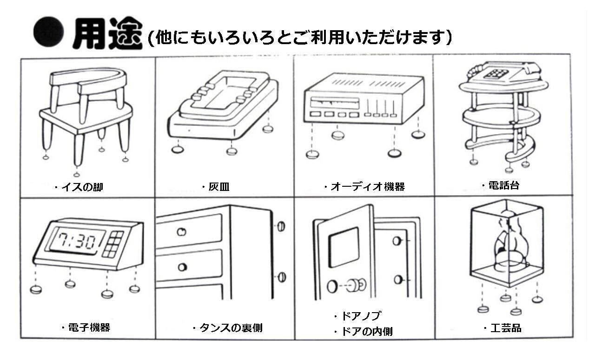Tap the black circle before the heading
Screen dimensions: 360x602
coord(48,34)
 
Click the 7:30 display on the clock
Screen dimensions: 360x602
coord(77,241)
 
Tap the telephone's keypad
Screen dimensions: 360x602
coord(496,73)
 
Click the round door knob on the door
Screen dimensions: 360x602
coord(358,284)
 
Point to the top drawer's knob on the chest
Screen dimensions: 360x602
coord(182,231)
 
